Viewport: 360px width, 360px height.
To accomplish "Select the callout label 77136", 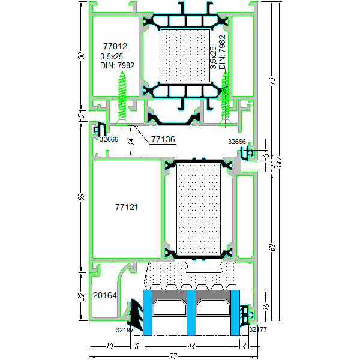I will [x=162, y=139].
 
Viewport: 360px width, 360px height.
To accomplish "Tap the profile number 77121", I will [x=127, y=207].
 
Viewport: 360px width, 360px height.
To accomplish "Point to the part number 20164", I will [x=105, y=295].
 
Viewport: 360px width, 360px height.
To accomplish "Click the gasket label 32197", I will [x=124, y=329].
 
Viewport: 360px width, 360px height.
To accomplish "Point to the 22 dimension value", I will [x=82, y=296].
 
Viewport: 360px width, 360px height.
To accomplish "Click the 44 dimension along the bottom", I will [x=191, y=346].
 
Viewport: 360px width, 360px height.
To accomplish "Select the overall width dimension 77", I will [x=173, y=356].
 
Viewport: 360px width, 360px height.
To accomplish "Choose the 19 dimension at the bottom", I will [x=110, y=346].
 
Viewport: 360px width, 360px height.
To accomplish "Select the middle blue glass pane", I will [x=191, y=312].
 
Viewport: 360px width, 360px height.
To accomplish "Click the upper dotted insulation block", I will [x=185, y=55].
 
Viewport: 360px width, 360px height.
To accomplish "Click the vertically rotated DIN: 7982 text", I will [x=222, y=52].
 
